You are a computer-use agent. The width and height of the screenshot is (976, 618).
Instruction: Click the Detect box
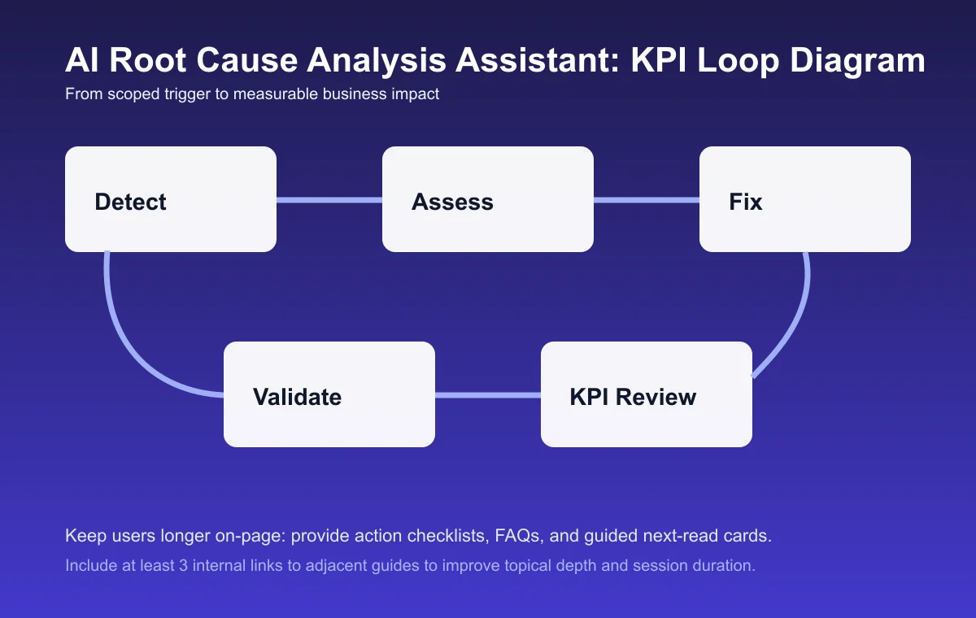click(x=171, y=199)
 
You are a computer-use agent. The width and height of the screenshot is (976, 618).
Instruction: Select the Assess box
click(x=488, y=199)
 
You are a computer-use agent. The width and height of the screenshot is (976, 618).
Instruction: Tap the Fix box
click(x=805, y=199)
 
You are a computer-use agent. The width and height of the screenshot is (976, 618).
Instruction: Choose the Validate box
click(x=329, y=394)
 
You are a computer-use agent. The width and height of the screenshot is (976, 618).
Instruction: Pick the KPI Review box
click(x=647, y=394)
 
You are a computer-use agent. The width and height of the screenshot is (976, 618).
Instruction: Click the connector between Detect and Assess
click(x=329, y=200)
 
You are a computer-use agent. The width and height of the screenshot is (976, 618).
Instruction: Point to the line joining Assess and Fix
click(x=647, y=200)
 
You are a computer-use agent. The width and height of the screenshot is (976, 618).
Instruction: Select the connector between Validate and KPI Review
click(x=488, y=395)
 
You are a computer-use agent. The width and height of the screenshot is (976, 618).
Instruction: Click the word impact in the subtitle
click(x=416, y=94)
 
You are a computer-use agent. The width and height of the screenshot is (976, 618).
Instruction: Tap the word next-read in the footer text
click(x=679, y=537)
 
